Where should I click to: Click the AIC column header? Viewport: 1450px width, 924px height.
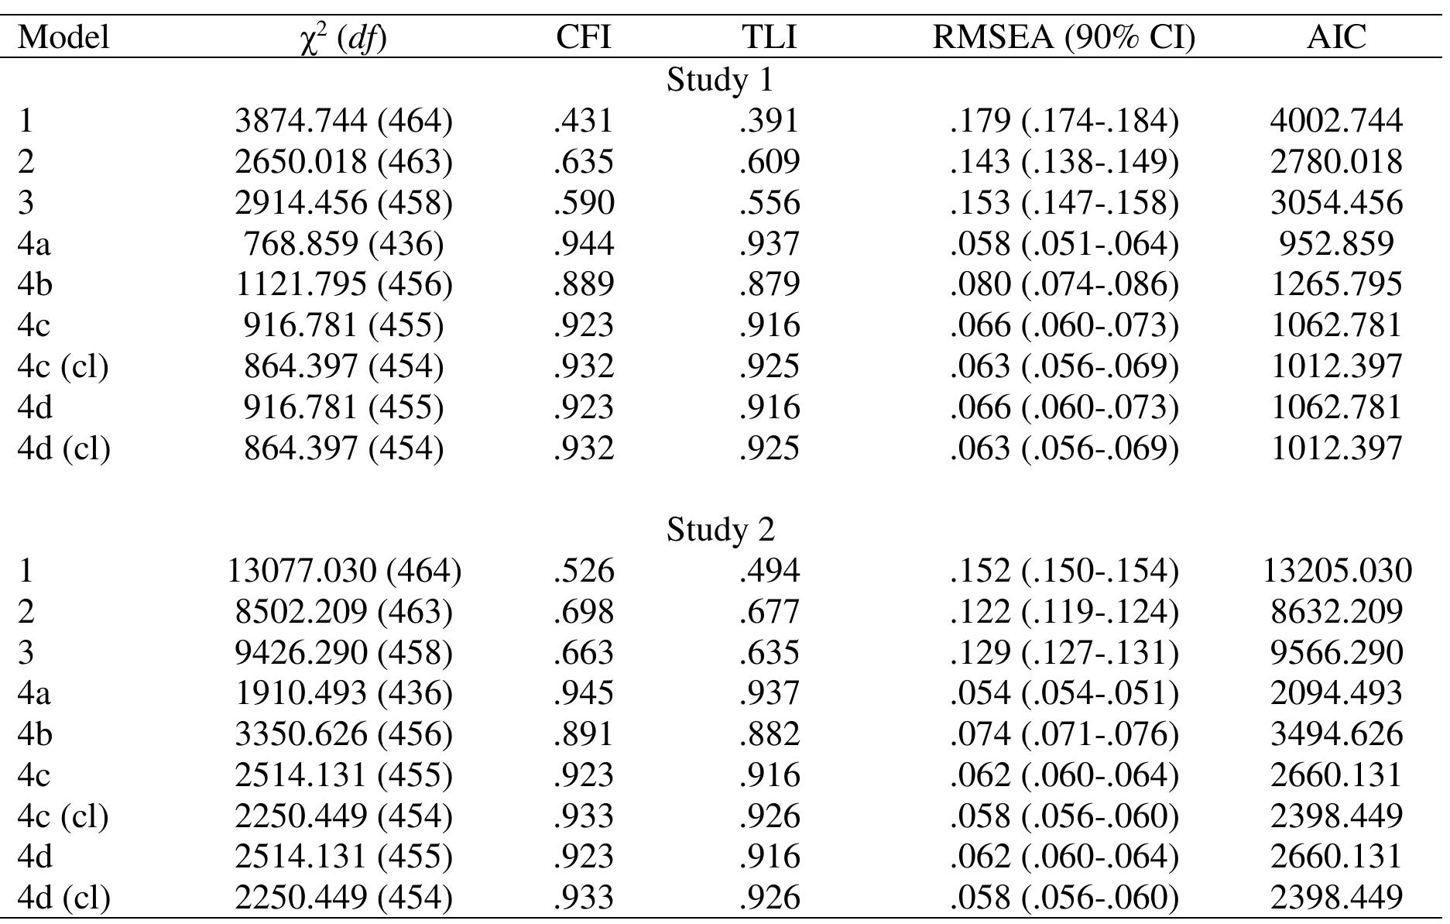(x=1336, y=37)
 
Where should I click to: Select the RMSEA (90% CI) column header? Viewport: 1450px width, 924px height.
(x=1064, y=37)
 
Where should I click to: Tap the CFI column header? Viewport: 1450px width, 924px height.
(x=583, y=37)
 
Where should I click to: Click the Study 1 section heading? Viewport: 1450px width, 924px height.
(x=720, y=80)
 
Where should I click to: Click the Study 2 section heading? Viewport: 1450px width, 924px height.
(x=720, y=530)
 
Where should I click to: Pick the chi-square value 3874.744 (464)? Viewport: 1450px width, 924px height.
(x=344, y=121)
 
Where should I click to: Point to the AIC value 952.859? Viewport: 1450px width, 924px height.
(x=1336, y=243)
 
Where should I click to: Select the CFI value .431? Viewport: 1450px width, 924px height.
(x=583, y=121)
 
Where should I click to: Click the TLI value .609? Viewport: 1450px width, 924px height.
(x=769, y=162)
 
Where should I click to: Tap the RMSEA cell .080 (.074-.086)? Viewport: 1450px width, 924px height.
(x=1064, y=284)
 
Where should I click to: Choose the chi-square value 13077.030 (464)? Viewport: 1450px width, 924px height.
(x=344, y=571)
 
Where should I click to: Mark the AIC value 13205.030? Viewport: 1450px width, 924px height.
(x=1336, y=571)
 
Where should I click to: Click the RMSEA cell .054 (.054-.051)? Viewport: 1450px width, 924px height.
(x=1064, y=693)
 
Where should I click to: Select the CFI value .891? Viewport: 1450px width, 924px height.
(x=583, y=734)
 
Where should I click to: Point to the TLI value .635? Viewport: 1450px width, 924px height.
(x=769, y=652)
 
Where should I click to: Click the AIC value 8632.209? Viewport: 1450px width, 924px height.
(x=1336, y=612)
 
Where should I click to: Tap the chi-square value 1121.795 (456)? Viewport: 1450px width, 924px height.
(x=344, y=284)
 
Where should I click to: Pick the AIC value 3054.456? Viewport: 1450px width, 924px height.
(x=1336, y=203)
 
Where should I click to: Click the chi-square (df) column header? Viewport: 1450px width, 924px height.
(x=344, y=37)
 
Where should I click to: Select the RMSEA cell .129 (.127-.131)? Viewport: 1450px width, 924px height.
(x=1064, y=652)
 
